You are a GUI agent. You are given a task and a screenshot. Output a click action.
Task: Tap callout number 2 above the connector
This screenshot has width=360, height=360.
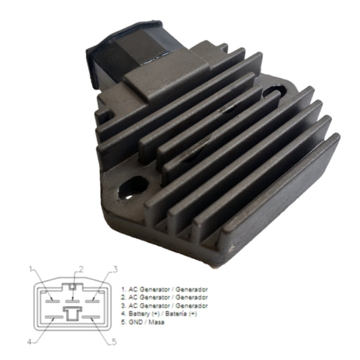pyautogui.click(x=81, y=269)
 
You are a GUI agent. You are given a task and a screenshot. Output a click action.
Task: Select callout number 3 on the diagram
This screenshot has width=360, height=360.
pyautogui.click(x=115, y=269)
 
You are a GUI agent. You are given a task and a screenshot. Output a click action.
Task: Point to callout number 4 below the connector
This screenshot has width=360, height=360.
pyautogui.click(x=29, y=342)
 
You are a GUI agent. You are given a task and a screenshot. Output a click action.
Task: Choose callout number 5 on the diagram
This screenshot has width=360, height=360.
pyautogui.click(x=114, y=342)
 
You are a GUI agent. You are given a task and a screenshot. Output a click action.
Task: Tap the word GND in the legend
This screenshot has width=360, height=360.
pyautogui.click(x=135, y=322)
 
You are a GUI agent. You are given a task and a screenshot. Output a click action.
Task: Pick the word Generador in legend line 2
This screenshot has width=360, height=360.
pyautogui.click(x=192, y=298)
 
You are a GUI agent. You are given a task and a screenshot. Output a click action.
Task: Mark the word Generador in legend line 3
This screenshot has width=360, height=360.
pyautogui.click(x=192, y=306)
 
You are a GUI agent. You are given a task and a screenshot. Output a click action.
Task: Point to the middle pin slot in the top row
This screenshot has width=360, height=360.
pyautogui.click(x=72, y=301)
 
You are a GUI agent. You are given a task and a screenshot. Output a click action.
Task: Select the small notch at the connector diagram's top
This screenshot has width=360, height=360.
pyautogui.click(x=72, y=287)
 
